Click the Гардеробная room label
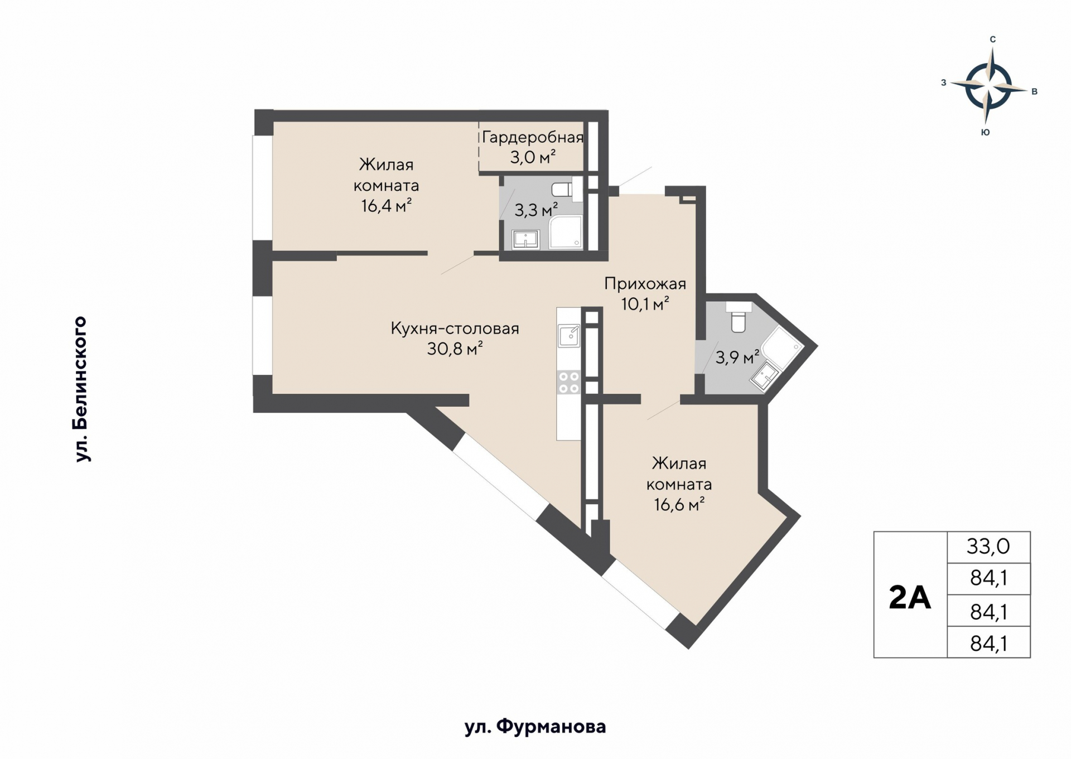[x=532, y=137]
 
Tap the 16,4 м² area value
[x=386, y=206]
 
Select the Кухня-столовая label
[x=455, y=328]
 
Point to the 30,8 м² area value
[x=455, y=349]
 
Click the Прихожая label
[x=645, y=284]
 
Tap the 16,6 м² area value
[x=679, y=505]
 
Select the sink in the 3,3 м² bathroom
[x=525, y=239]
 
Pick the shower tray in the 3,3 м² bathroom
[x=566, y=232]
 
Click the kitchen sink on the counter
[x=569, y=336]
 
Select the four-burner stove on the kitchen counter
[x=568, y=383]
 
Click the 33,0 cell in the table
[x=988, y=547]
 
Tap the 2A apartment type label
[x=909, y=598]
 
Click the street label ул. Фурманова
[x=535, y=727]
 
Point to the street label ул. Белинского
[x=81, y=389]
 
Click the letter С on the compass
[x=992, y=40]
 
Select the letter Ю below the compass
[x=985, y=133]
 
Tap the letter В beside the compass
[x=1034, y=92]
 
